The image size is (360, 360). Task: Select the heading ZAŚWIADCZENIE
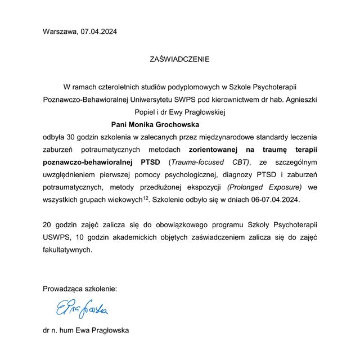(x=180, y=58)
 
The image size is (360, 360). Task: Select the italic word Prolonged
(x=246, y=187)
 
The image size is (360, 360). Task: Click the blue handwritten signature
(x=82, y=308)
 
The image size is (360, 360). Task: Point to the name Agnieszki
(x=298, y=100)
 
